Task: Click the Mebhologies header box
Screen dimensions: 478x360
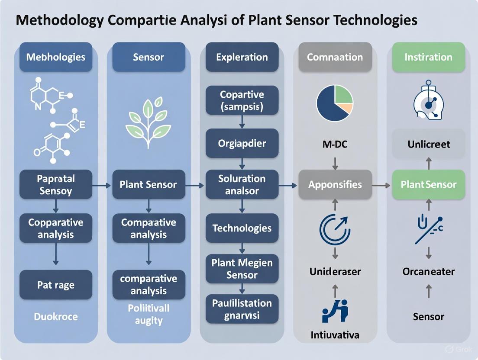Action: (x=56, y=57)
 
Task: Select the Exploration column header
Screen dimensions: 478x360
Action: (x=242, y=57)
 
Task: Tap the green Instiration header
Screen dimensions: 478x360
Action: (x=428, y=57)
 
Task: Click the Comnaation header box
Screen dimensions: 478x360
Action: (x=335, y=57)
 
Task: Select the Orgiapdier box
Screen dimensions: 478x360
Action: (x=242, y=143)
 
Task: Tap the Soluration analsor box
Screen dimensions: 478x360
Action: (x=242, y=184)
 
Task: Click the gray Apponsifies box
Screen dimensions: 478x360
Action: (x=335, y=185)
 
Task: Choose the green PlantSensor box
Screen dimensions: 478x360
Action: (x=428, y=185)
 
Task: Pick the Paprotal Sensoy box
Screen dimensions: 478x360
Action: (x=56, y=185)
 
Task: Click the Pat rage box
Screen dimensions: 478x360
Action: (x=56, y=285)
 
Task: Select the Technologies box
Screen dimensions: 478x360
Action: (x=242, y=228)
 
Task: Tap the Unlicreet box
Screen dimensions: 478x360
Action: (x=428, y=144)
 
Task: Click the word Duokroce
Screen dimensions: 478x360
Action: (x=56, y=317)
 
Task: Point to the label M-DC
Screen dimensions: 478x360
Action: (x=335, y=144)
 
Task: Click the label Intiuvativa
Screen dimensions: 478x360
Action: (x=335, y=335)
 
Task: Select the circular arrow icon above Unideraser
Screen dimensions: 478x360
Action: (x=335, y=229)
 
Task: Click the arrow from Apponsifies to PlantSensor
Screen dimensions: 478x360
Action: (x=381, y=185)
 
